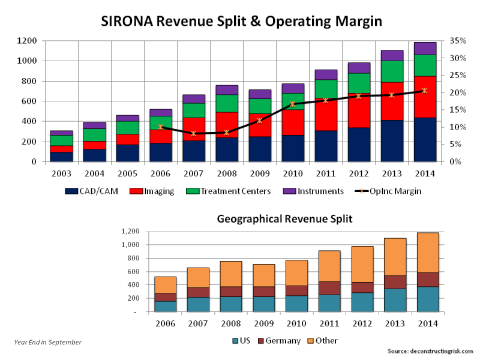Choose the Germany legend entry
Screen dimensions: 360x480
point(279,340)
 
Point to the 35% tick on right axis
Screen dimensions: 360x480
point(455,41)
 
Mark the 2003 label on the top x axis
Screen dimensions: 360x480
point(61,174)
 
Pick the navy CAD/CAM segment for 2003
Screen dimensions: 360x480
point(61,157)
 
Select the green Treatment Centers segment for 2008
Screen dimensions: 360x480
point(227,103)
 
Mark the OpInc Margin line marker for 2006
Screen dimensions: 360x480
point(161,127)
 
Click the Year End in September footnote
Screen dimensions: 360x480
point(47,342)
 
